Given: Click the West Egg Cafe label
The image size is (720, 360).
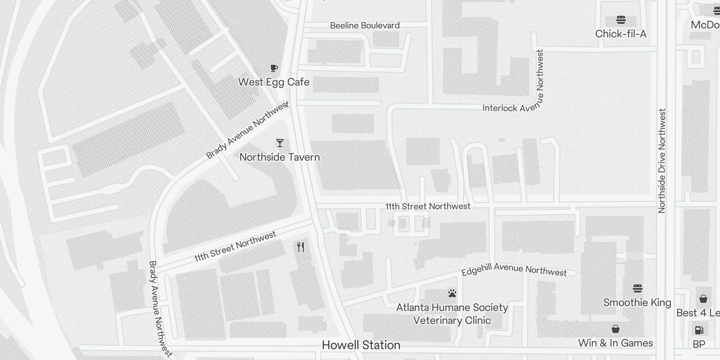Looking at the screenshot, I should (274, 82).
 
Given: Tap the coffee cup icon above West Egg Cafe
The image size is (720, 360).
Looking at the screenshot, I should (274, 68).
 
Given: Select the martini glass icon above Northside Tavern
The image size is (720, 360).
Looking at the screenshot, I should (280, 143).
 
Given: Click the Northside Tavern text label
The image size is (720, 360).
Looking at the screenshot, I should (279, 157).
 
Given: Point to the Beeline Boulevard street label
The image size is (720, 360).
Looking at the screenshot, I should (364, 26).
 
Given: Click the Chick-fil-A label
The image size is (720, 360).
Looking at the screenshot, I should (621, 34).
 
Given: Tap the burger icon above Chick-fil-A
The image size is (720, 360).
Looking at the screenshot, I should (621, 20).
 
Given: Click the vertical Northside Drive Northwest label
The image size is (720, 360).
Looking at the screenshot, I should (661, 161).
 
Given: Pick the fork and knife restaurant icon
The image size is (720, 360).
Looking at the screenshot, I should (301, 247).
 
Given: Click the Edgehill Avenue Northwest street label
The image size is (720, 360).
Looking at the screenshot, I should (514, 270).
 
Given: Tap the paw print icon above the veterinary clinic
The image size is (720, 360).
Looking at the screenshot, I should (452, 294).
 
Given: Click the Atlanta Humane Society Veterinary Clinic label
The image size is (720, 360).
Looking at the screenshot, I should (452, 314).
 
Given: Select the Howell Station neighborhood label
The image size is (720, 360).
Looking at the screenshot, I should (361, 345).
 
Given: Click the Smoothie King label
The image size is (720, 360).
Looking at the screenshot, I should (637, 302).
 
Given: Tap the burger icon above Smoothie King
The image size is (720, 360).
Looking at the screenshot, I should (637, 288).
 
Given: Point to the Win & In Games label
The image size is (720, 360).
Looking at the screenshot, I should (615, 343).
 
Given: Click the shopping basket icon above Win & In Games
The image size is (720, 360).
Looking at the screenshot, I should (615, 329).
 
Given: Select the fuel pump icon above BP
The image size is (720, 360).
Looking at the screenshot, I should (699, 330).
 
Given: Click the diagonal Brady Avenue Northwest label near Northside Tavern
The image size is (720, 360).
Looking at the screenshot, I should (247, 130).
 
